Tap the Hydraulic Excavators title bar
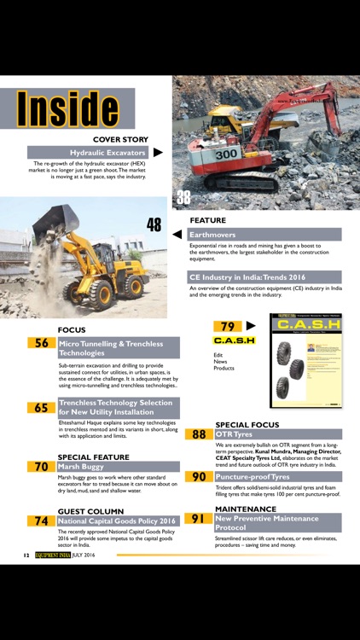tap(88, 152)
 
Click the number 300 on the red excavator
tap(226, 154)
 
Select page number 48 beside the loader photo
tap(154, 225)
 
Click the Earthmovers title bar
tap(264, 234)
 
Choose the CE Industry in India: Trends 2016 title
tap(264, 277)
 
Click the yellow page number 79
tap(228, 326)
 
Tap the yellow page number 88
tap(199, 434)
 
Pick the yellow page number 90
tap(199, 477)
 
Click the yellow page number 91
tap(199, 518)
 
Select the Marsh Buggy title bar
tap(119, 467)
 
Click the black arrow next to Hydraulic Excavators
tap(158, 152)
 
